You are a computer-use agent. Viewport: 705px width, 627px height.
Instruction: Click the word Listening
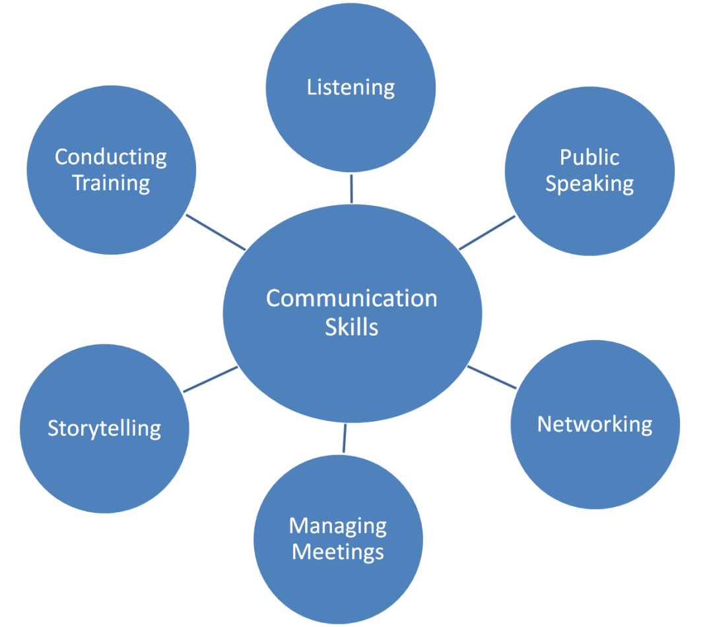(x=351, y=87)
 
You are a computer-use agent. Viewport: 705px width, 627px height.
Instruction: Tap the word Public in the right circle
(x=589, y=157)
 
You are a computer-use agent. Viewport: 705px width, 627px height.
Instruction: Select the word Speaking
(x=589, y=184)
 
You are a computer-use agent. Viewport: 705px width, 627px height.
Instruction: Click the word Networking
(x=595, y=424)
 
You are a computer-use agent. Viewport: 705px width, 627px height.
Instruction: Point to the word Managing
(x=338, y=527)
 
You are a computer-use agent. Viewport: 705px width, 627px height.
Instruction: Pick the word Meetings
(x=338, y=551)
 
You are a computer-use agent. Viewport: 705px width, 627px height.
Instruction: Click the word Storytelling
(x=104, y=429)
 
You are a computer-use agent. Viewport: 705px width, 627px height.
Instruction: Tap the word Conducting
(x=111, y=157)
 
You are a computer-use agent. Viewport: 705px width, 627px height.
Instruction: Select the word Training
(x=111, y=183)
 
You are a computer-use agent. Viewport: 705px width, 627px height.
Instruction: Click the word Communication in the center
(x=351, y=298)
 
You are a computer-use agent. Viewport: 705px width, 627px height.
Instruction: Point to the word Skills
(x=351, y=327)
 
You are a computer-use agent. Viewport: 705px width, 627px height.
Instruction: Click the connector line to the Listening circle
(x=351, y=188)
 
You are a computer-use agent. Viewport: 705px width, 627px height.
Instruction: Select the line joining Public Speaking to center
(x=487, y=233)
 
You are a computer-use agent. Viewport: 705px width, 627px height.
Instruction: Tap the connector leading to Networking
(x=492, y=378)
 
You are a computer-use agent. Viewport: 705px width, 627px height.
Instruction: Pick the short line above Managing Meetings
(x=344, y=439)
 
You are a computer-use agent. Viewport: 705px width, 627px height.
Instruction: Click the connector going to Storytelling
(x=210, y=379)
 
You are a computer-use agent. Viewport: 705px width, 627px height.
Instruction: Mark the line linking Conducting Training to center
(x=216, y=232)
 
